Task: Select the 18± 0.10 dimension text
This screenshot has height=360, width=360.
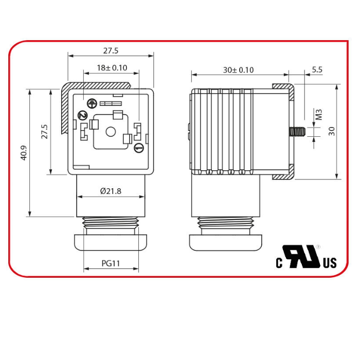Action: point(112,68)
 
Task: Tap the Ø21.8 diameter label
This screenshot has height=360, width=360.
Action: point(111,191)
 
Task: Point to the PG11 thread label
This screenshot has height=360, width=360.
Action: point(111,263)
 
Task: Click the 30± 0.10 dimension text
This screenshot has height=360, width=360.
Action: point(238,70)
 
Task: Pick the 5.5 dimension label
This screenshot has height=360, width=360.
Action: point(317,69)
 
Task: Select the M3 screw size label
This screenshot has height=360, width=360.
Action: point(318,114)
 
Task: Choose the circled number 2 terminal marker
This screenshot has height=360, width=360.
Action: point(81,115)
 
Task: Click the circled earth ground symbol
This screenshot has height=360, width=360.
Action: point(92,103)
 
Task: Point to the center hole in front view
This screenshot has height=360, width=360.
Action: point(110,132)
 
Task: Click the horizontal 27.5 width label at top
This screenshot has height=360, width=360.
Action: point(111,50)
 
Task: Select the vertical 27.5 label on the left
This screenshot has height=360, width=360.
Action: point(44,131)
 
